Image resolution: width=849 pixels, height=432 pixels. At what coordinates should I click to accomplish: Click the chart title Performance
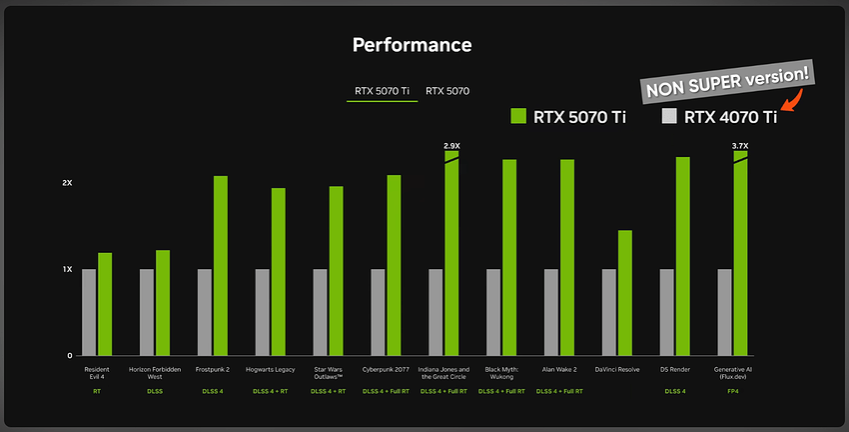pos(412,45)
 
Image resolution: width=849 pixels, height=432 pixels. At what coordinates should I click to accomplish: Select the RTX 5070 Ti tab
pos(383,91)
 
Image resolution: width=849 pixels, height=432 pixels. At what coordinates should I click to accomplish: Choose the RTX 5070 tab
pos(447,91)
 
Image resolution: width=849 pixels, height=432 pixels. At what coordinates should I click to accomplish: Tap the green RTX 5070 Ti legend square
pos(518,117)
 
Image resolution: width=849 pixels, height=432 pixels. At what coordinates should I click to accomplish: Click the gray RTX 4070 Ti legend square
pos(670,117)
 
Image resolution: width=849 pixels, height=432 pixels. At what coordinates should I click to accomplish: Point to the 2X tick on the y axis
pos(67,184)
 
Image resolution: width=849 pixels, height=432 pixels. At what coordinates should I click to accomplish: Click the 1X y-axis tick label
pos(67,270)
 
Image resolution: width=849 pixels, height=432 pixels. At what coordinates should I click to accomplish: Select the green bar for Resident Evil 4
pos(105,304)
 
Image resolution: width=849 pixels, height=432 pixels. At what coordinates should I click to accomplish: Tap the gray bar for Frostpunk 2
pos(205,312)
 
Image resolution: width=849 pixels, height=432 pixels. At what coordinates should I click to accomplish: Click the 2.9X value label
pos(451,145)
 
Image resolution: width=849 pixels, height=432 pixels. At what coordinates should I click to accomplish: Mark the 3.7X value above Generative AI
pos(740,146)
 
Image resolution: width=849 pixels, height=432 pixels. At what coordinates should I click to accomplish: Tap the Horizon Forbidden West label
pos(155,373)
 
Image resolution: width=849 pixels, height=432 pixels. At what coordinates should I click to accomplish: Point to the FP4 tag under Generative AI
pos(733,390)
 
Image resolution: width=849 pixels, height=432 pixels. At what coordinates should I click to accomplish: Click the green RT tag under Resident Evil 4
pos(97,390)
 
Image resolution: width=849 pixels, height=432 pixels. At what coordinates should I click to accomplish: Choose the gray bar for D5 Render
pos(667,312)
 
